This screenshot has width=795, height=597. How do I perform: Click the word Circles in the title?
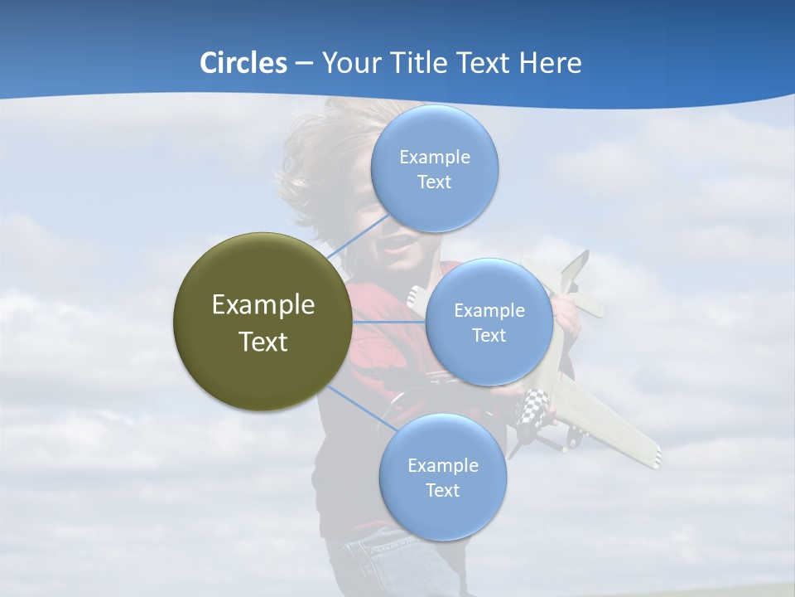(243, 63)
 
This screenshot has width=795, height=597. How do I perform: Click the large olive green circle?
(263, 322)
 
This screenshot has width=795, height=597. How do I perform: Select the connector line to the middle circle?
(389, 322)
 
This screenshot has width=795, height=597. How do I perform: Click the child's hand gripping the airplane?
(567, 313)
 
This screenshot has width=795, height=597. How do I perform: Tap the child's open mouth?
(397, 243)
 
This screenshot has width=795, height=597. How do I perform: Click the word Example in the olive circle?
(263, 304)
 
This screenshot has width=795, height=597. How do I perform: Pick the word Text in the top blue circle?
(434, 182)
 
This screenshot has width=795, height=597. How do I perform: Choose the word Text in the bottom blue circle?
(442, 491)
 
